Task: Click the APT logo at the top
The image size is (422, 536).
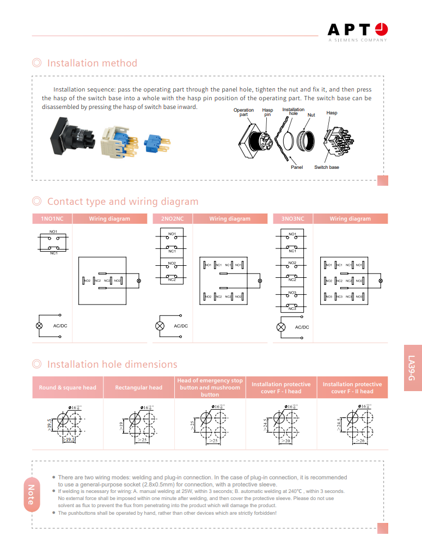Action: click(x=357, y=31)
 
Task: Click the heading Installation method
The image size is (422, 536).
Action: click(x=92, y=63)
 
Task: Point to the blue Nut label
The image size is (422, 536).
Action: click(x=311, y=115)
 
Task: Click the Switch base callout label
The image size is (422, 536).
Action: click(x=327, y=167)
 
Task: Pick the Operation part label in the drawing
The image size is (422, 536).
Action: click(x=243, y=112)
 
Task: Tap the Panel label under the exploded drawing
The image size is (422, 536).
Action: click(x=297, y=167)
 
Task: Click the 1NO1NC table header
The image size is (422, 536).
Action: click(x=52, y=219)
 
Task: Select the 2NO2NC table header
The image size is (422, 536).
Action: click(x=172, y=219)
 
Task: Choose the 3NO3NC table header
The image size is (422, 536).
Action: click(x=292, y=219)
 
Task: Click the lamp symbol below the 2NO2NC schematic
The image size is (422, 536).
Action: click(x=160, y=326)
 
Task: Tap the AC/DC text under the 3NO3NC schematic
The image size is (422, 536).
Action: click(x=302, y=327)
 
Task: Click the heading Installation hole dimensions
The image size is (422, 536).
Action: click(x=112, y=364)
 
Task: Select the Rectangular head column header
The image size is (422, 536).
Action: click(x=138, y=388)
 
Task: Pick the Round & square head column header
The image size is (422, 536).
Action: click(x=68, y=388)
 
